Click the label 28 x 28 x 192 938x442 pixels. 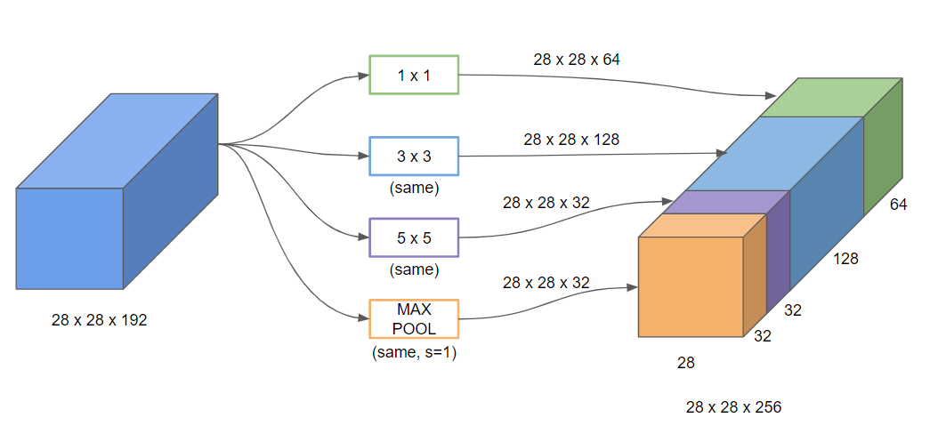click(x=100, y=320)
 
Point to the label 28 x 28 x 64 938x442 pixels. click(x=577, y=60)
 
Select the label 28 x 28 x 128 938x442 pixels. click(x=571, y=140)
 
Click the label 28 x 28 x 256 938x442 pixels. click(x=734, y=408)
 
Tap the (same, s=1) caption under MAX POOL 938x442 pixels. click(x=414, y=353)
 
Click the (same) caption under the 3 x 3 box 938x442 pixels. click(x=414, y=189)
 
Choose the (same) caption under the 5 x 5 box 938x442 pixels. click(x=414, y=270)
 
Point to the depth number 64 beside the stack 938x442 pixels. click(x=899, y=205)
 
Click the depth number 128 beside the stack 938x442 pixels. click(x=845, y=259)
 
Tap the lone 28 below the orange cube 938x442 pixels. click(x=686, y=363)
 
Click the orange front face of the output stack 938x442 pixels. click(x=691, y=287)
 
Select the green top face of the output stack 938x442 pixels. click(x=831, y=98)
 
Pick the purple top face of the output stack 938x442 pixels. click(x=727, y=202)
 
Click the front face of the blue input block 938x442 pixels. click(x=69, y=238)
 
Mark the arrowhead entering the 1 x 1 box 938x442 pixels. click(x=363, y=76)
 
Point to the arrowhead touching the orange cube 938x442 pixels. click(x=633, y=288)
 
